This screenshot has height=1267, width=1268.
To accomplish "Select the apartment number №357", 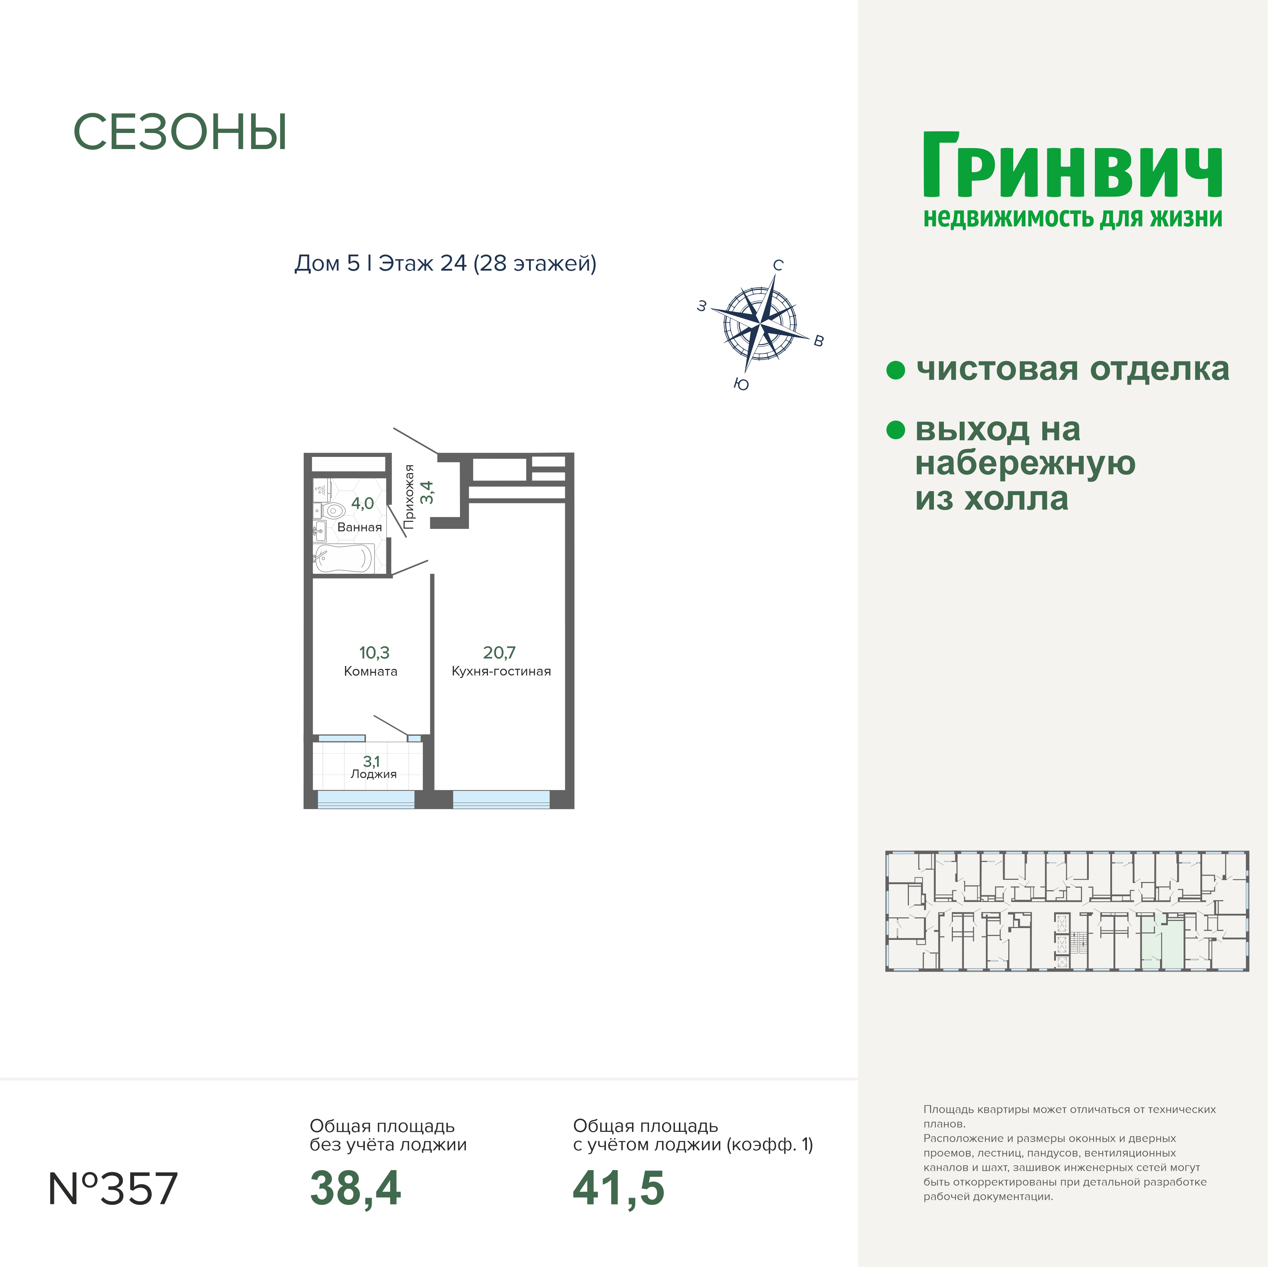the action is (x=113, y=1188).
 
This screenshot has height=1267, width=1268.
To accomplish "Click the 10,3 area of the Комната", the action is (x=374, y=653).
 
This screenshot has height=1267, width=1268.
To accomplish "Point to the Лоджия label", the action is (x=373, y=774).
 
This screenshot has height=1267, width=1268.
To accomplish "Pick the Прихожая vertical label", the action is (x=409, y=497).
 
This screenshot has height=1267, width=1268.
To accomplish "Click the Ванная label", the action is (x=360, y=528).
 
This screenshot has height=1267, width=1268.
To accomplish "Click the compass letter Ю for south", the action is (x=741, y=384).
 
